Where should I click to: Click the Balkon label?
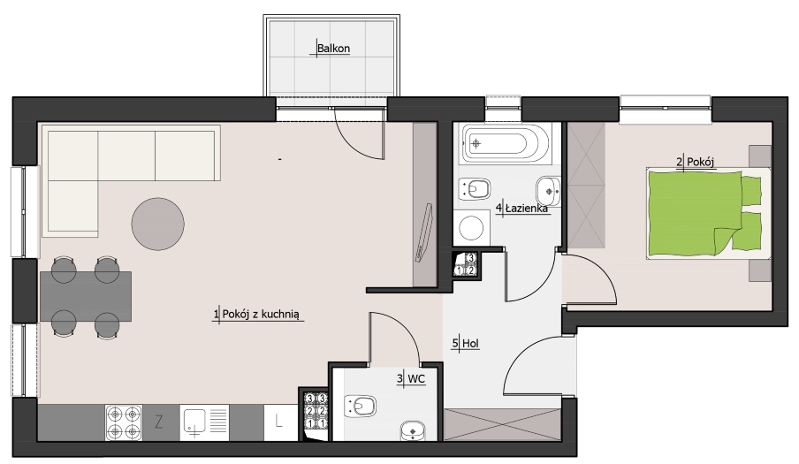coord(333,49)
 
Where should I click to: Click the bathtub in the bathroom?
coord(506,143)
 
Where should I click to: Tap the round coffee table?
coord(158,224)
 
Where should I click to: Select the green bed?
coord(708,213)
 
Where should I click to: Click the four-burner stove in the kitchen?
coord(124,422)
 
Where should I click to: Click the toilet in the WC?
coord(360,406)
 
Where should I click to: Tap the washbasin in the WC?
coord(413,430)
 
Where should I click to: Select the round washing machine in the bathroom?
coord(471,227)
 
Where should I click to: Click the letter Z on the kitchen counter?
coord(159,422)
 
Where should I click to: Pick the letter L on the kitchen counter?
coord(278,422)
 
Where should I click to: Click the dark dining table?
coord(86,296)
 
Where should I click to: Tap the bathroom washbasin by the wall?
coord(549,191)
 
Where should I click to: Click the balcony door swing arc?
coord(354,144)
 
